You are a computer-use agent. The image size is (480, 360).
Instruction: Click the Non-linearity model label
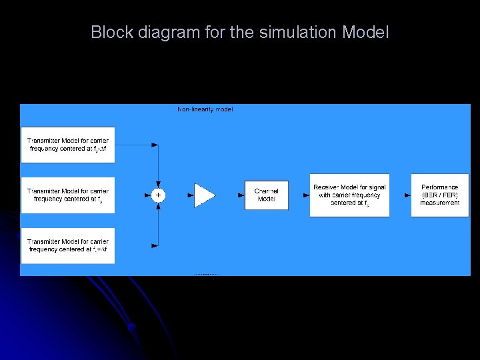[x=205, y=109]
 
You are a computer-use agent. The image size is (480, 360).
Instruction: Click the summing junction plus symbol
[x=158, y=195]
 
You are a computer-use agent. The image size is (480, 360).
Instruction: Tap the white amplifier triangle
[x=204, y=195]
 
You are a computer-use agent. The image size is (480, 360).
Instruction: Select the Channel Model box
[x=267, y=195]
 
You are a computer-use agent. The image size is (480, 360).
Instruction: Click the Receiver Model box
[x=349, y=195]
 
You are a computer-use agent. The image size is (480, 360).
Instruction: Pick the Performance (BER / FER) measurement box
[x=439, y=195]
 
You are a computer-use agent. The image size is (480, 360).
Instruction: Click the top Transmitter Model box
[x=68, y=145]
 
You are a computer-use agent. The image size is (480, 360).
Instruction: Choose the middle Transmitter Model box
[x=68, y=195]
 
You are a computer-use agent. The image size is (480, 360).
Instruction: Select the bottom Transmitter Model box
[x=68, y=245]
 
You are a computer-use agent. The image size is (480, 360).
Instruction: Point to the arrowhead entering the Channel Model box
[x=241, y=195]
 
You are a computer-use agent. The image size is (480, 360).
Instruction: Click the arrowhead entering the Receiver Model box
[x=306, y=195]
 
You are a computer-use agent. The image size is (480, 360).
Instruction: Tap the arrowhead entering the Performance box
[x=407, y=195]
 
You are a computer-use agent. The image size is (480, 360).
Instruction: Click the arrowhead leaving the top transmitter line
[x=155, y=145]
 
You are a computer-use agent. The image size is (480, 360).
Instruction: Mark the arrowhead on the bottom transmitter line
[x=155, y=245]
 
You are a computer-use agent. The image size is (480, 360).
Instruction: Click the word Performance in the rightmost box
[x=439, y=187]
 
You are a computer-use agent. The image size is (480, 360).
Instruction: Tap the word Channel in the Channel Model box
[x=267, y=191]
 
